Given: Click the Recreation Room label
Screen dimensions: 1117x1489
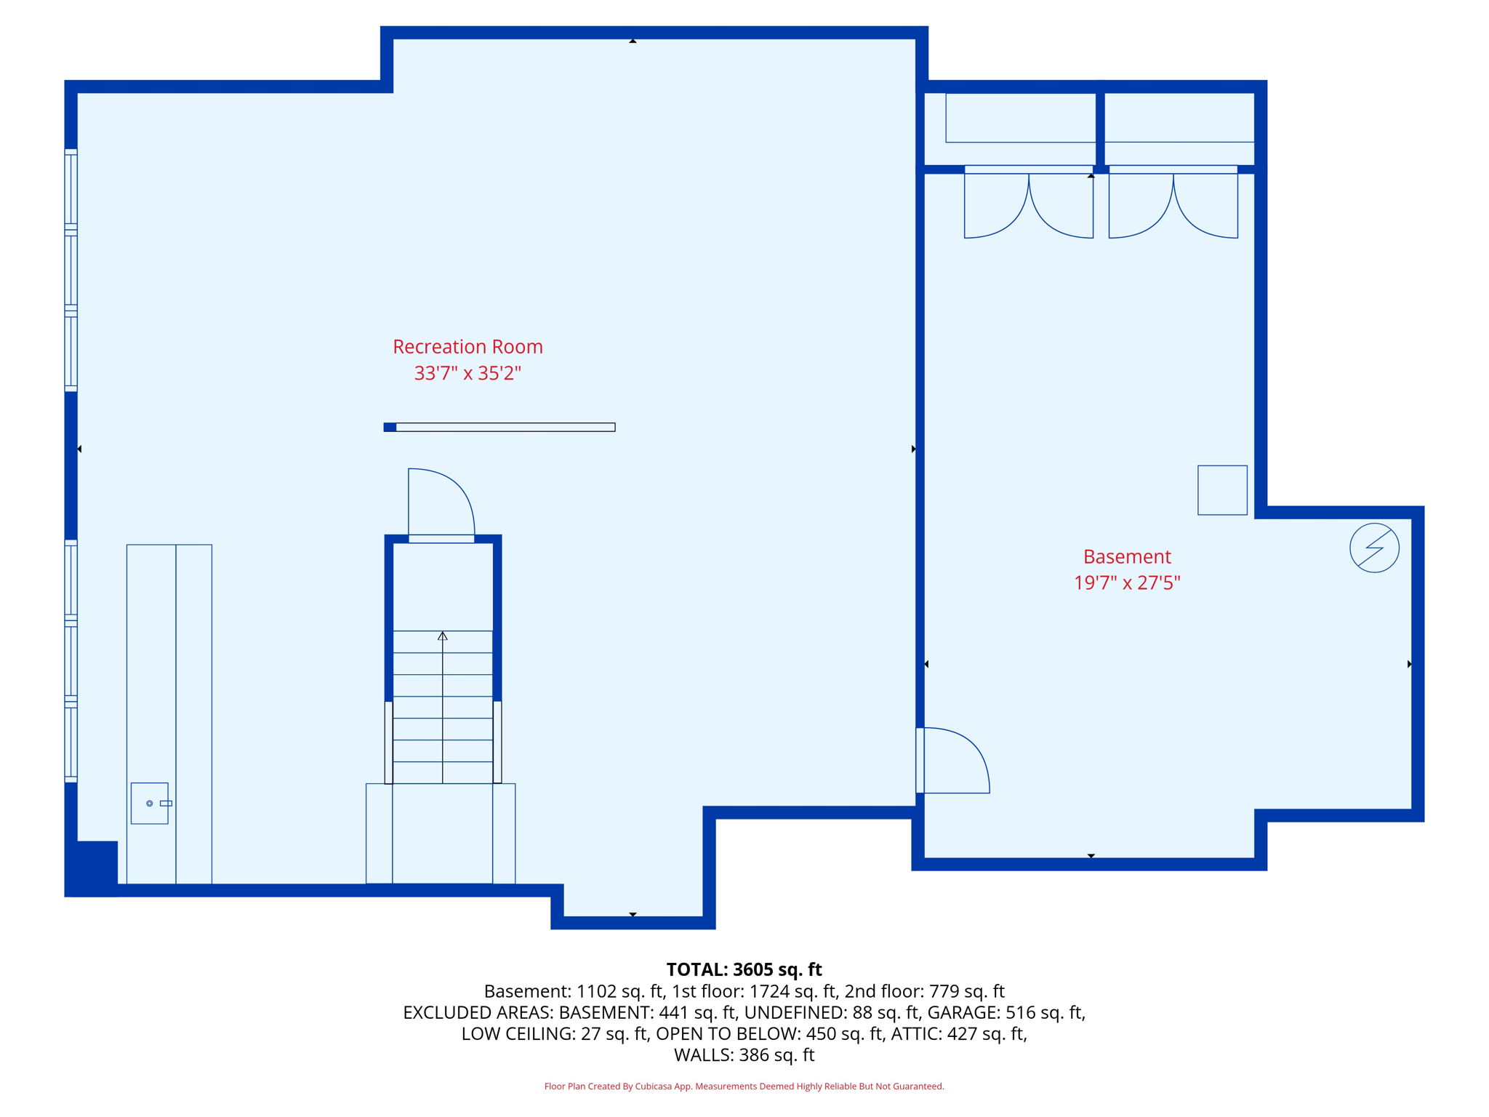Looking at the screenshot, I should [x=467, y=347].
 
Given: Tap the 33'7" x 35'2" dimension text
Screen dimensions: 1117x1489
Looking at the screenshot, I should [x=467, y=373].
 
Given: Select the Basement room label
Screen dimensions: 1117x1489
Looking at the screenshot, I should [x=1126, y=556].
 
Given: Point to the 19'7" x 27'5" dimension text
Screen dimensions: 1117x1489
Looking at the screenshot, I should [x=1126, y=582].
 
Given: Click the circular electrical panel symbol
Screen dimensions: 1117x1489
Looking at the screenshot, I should [x=1373, y=548].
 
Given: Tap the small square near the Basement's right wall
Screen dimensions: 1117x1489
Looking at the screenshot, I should [x=1221, y=490].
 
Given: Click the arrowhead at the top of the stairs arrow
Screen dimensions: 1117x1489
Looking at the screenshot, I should [x=442, y=636].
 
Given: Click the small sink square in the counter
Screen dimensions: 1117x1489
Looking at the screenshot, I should [x=149, y=803].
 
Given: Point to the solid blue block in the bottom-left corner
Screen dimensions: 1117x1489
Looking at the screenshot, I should [x=92, y=867].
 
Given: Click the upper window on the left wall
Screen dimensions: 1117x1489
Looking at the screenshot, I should [x=71, y=270].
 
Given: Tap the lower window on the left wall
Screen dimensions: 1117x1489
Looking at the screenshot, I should [x=71, y=660].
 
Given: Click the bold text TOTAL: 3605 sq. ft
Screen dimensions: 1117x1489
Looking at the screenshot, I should [x=744, y=969].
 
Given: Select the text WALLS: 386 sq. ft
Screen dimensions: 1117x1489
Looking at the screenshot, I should [x=744, y=1054].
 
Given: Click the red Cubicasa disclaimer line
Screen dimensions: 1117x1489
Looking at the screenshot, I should [x=744, y=1086].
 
